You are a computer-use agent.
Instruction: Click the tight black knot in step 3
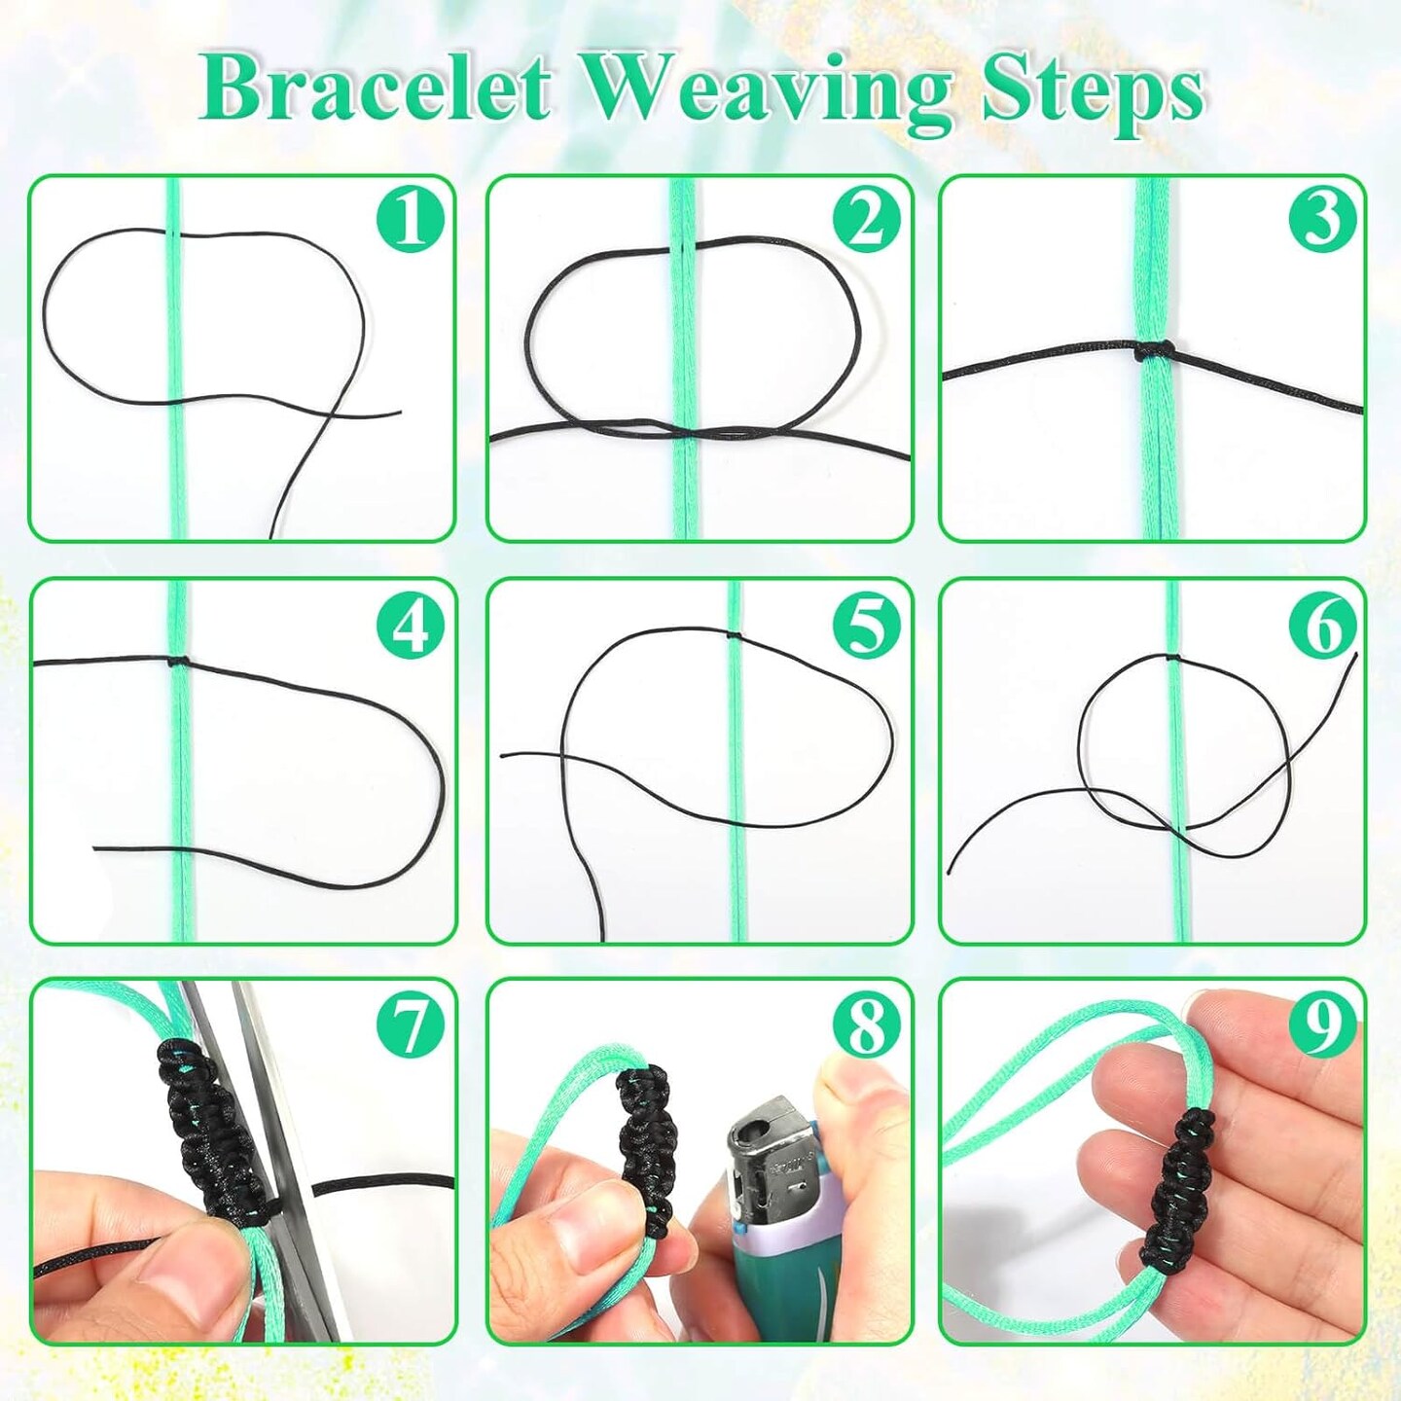(1154, 351)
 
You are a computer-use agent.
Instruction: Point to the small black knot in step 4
(178, 663)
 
